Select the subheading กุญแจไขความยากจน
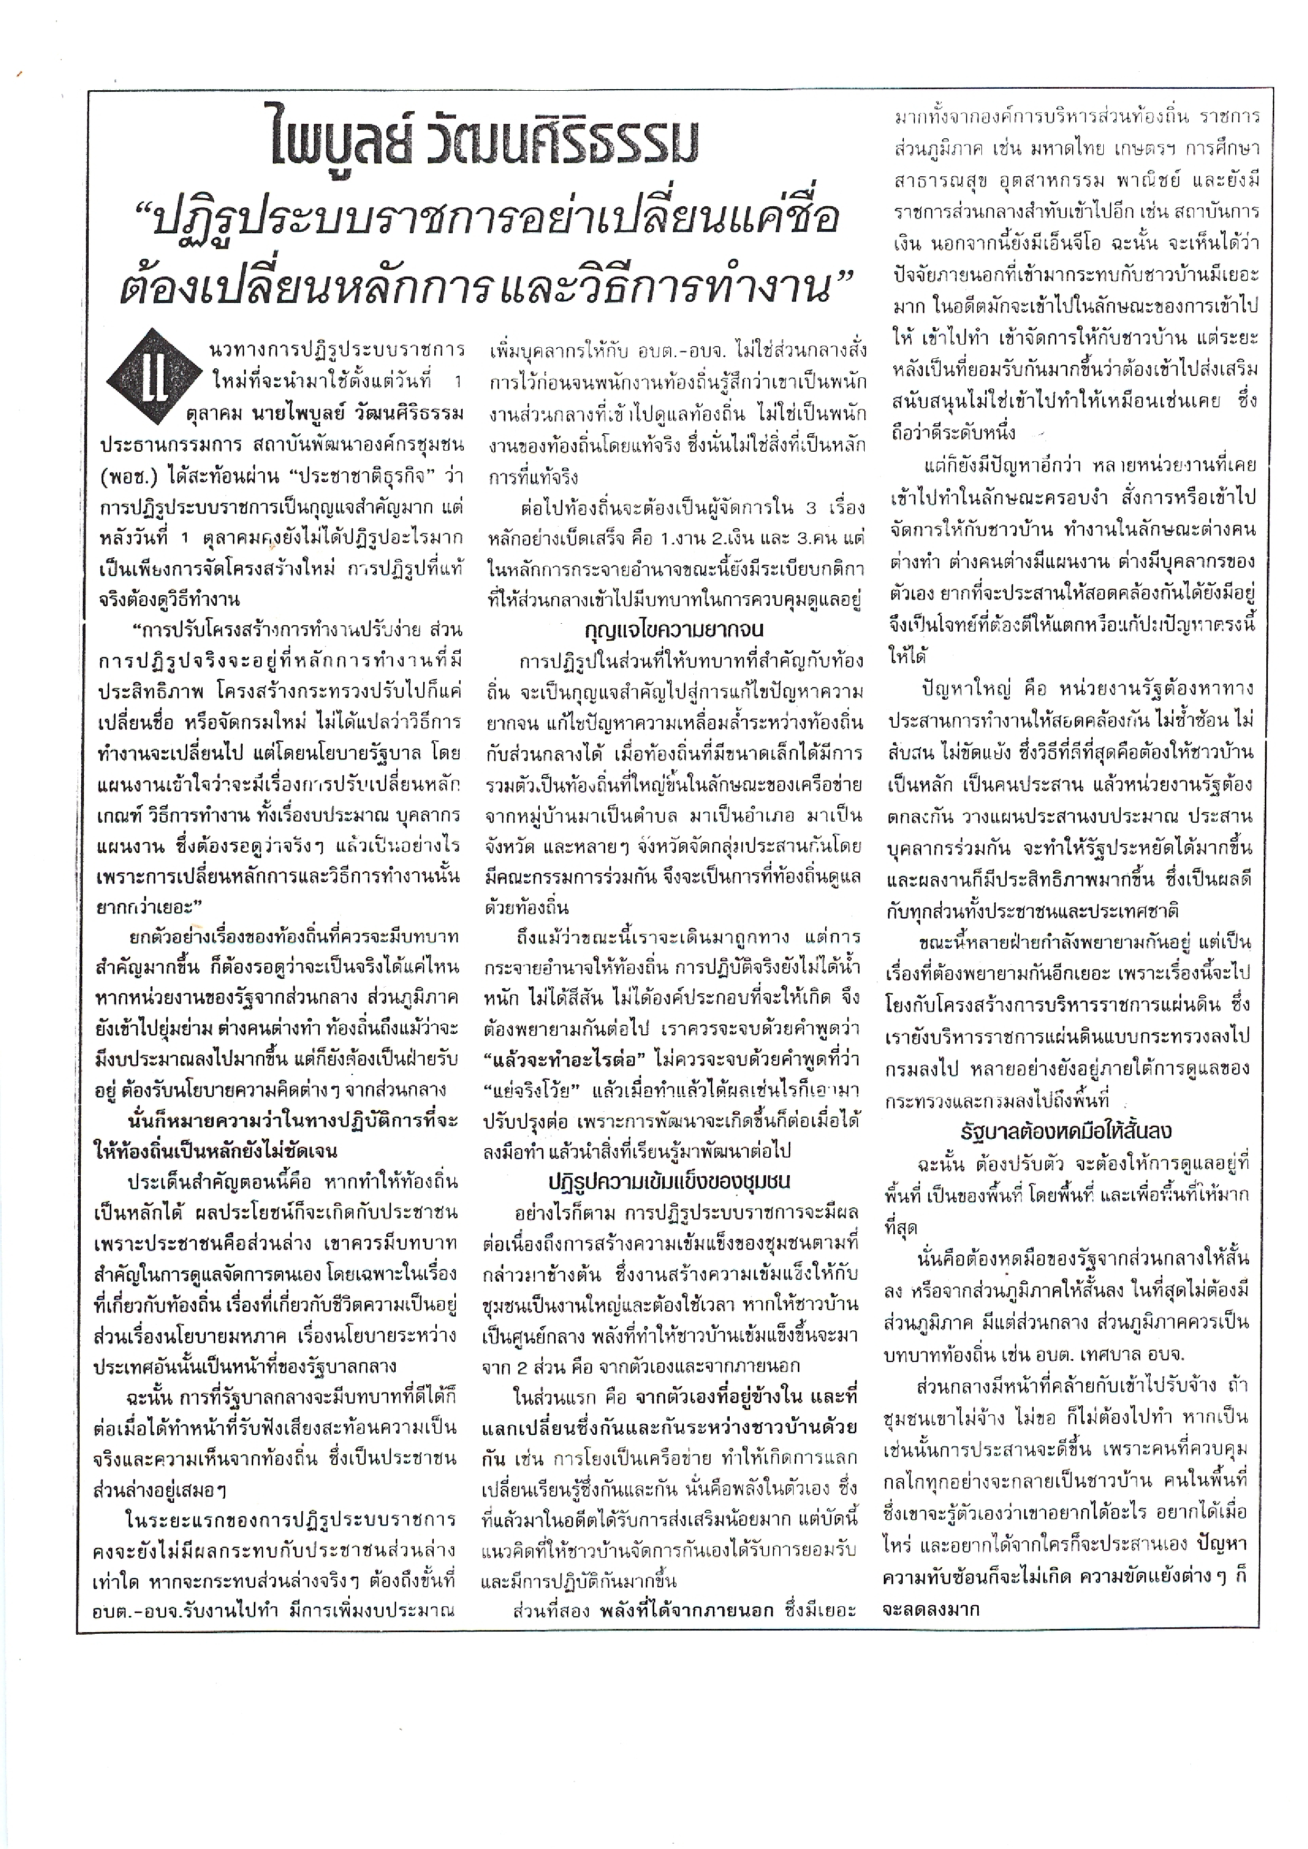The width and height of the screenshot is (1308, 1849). tap(675, 630)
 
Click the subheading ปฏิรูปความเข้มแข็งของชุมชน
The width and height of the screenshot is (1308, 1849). tap(669, 1181)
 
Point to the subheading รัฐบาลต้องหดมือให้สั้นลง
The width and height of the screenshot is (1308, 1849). tap(1065, 1131)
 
